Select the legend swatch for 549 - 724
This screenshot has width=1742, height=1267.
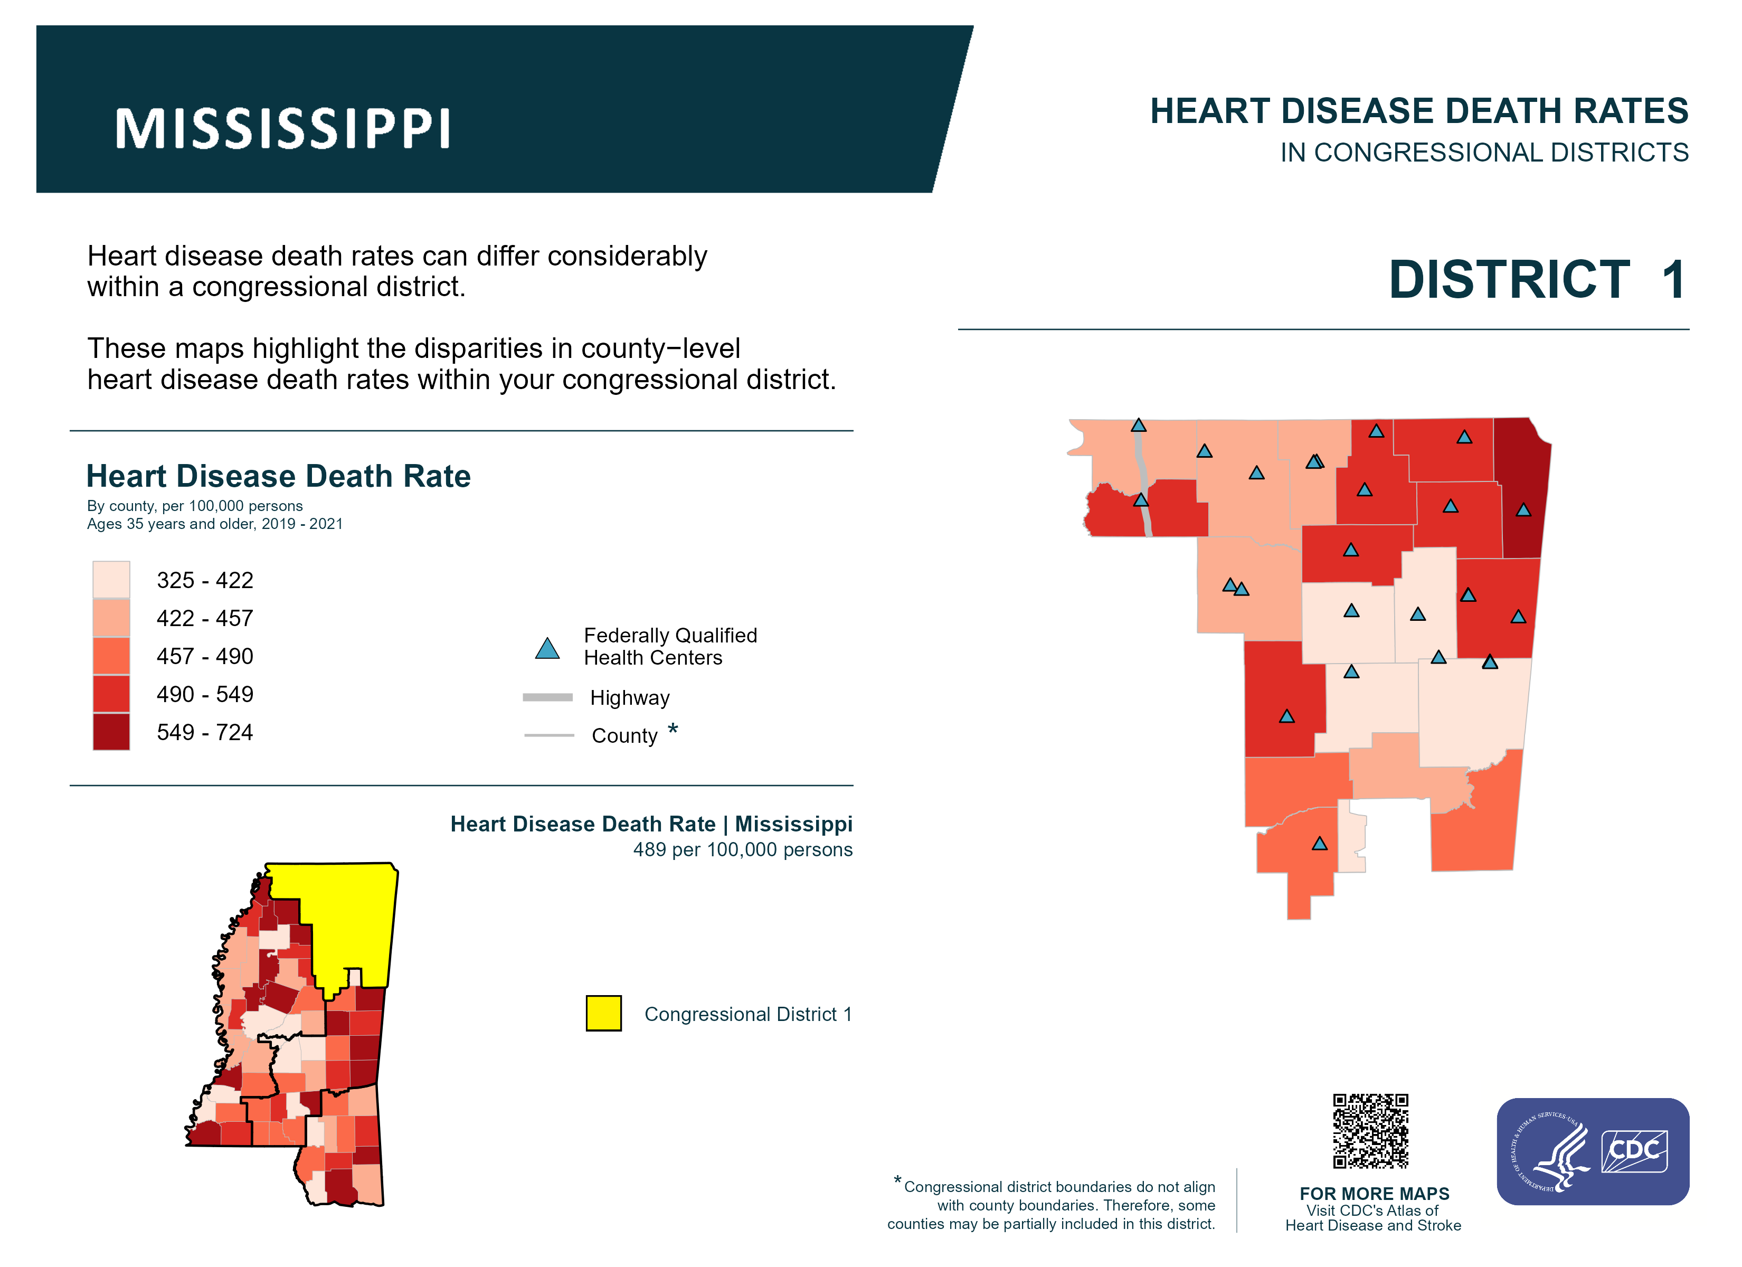pyautogui.click(x=111, y=732)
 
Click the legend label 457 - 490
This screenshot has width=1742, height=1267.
pyautogui.click(x=204, y=656)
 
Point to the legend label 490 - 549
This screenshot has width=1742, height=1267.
pyautogui.click(x=204, y=694)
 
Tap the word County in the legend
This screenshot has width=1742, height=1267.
pyautogui.click(x=624, y=735)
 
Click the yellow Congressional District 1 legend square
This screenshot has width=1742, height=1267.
pyautogui.click(x=604, y=1014)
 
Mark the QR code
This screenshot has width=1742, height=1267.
pyautogui.click(x=1370, y=1131)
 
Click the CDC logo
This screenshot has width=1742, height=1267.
pyautogui.click(x=1634, y=1150)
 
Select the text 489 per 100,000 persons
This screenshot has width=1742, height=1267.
pyautogui.click(x=742, y=850)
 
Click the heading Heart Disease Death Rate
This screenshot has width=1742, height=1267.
pyautogui.click(x=278, y=476)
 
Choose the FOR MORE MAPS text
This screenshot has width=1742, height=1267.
pyautogui.click(x=1374, y=1193)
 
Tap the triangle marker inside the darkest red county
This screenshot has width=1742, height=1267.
pyautogui.click(x=1523, y=510)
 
